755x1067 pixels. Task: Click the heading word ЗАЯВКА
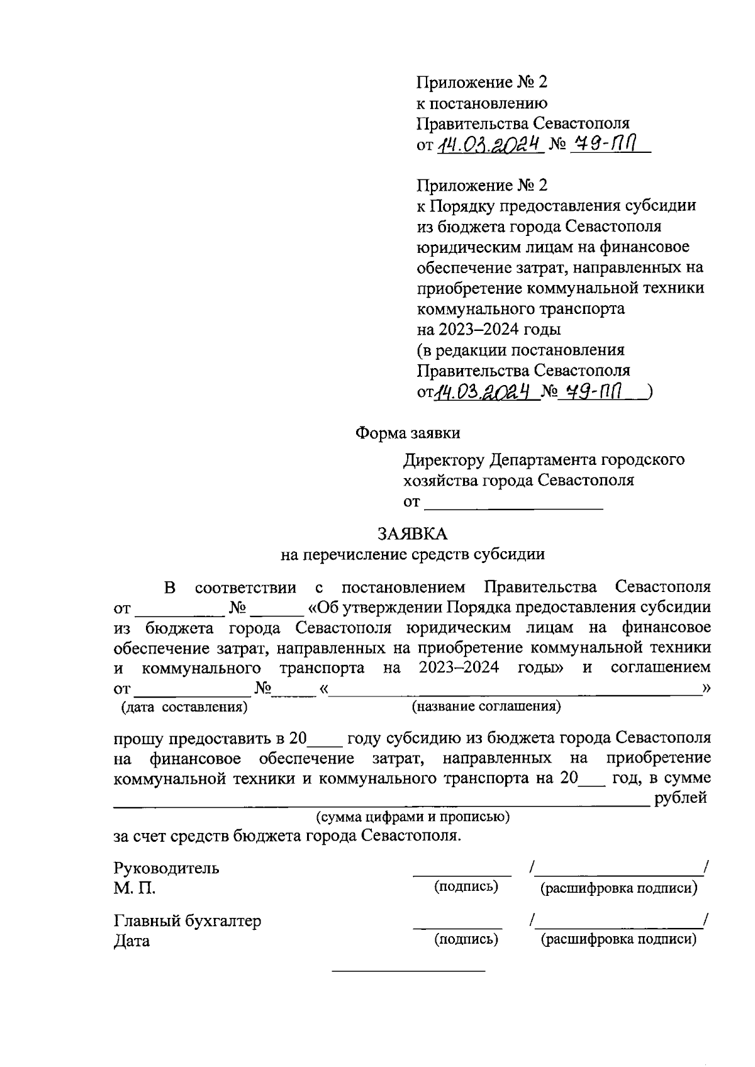tap(412, 534)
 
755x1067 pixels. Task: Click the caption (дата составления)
tap(184, 707)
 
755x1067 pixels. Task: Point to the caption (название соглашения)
tap(486, 706)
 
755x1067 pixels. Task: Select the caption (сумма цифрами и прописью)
tap(412, 817)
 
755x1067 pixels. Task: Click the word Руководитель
tap(166, 868)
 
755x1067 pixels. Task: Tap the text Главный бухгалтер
tap(187, 921)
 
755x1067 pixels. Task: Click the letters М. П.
tap(134, 888)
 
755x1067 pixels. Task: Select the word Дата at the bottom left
tap(131, 941)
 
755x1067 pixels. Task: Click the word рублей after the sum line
tap(681, 798)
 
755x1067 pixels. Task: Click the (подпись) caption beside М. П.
tap(466, 886)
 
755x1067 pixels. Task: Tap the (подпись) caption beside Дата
tap(466, 939)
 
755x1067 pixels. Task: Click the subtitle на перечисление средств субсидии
tap(412, 554)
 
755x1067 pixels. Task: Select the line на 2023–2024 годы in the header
tap(489, 329)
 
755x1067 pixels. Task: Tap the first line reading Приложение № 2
tap(483, 82)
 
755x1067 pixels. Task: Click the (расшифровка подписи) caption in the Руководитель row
tap(619, 888)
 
